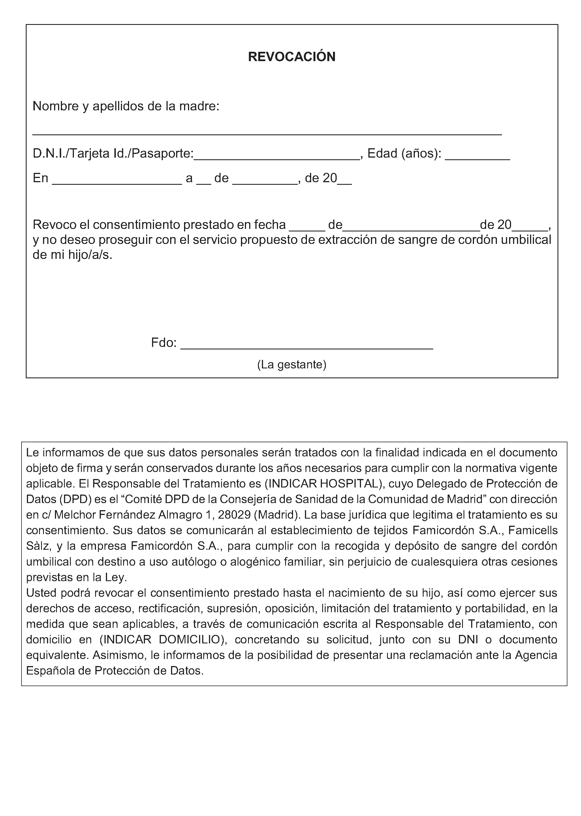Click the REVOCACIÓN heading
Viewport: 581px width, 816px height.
(x=292, y=57)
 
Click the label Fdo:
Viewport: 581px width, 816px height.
(x=163, y=343)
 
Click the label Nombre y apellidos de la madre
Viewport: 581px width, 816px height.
(x=126, y=106)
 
